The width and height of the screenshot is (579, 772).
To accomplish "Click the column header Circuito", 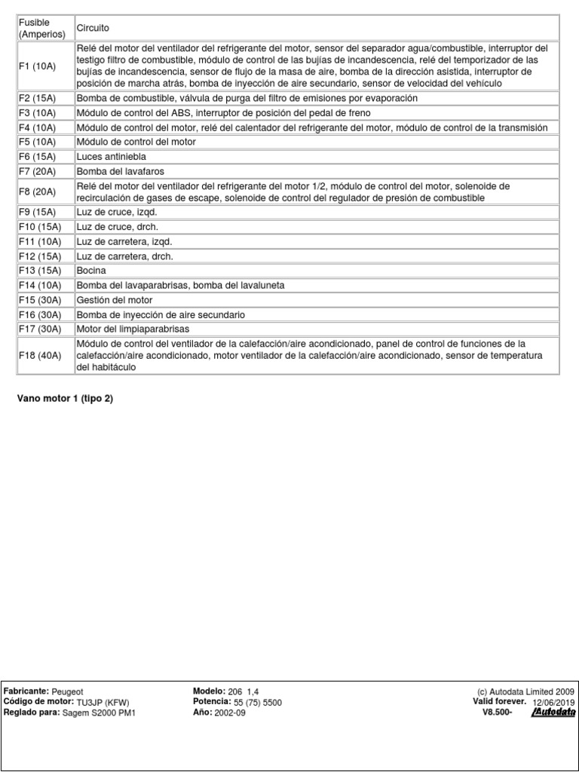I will click(x=93, y=28).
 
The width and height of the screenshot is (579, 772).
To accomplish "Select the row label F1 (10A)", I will click(x=37, y=66).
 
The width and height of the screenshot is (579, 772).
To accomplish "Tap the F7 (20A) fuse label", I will click(x=37, y=170).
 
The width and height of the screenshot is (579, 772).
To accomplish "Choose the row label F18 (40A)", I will click(x=39, y=356).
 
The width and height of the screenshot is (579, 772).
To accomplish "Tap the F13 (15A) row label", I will click(x=39, y=270).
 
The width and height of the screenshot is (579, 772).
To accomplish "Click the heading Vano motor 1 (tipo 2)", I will click(x=65, y=398).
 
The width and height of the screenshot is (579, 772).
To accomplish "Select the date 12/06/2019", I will click(x=553, y=702).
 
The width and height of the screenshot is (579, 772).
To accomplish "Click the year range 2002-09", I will click(x=230, y=712).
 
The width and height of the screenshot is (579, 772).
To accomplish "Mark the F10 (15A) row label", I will click(x=39, y=227).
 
